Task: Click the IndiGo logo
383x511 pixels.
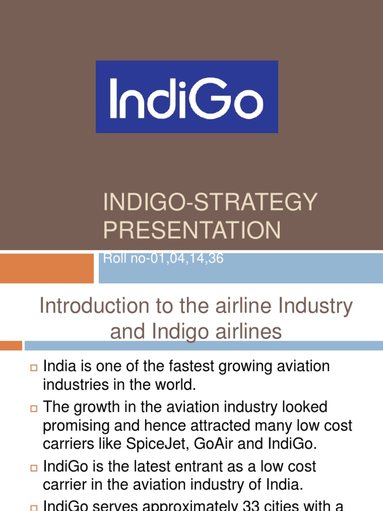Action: pos(187,97)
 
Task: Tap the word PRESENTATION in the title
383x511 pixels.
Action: pos(192,230)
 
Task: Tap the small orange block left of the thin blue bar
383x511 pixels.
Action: pos(10,345)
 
